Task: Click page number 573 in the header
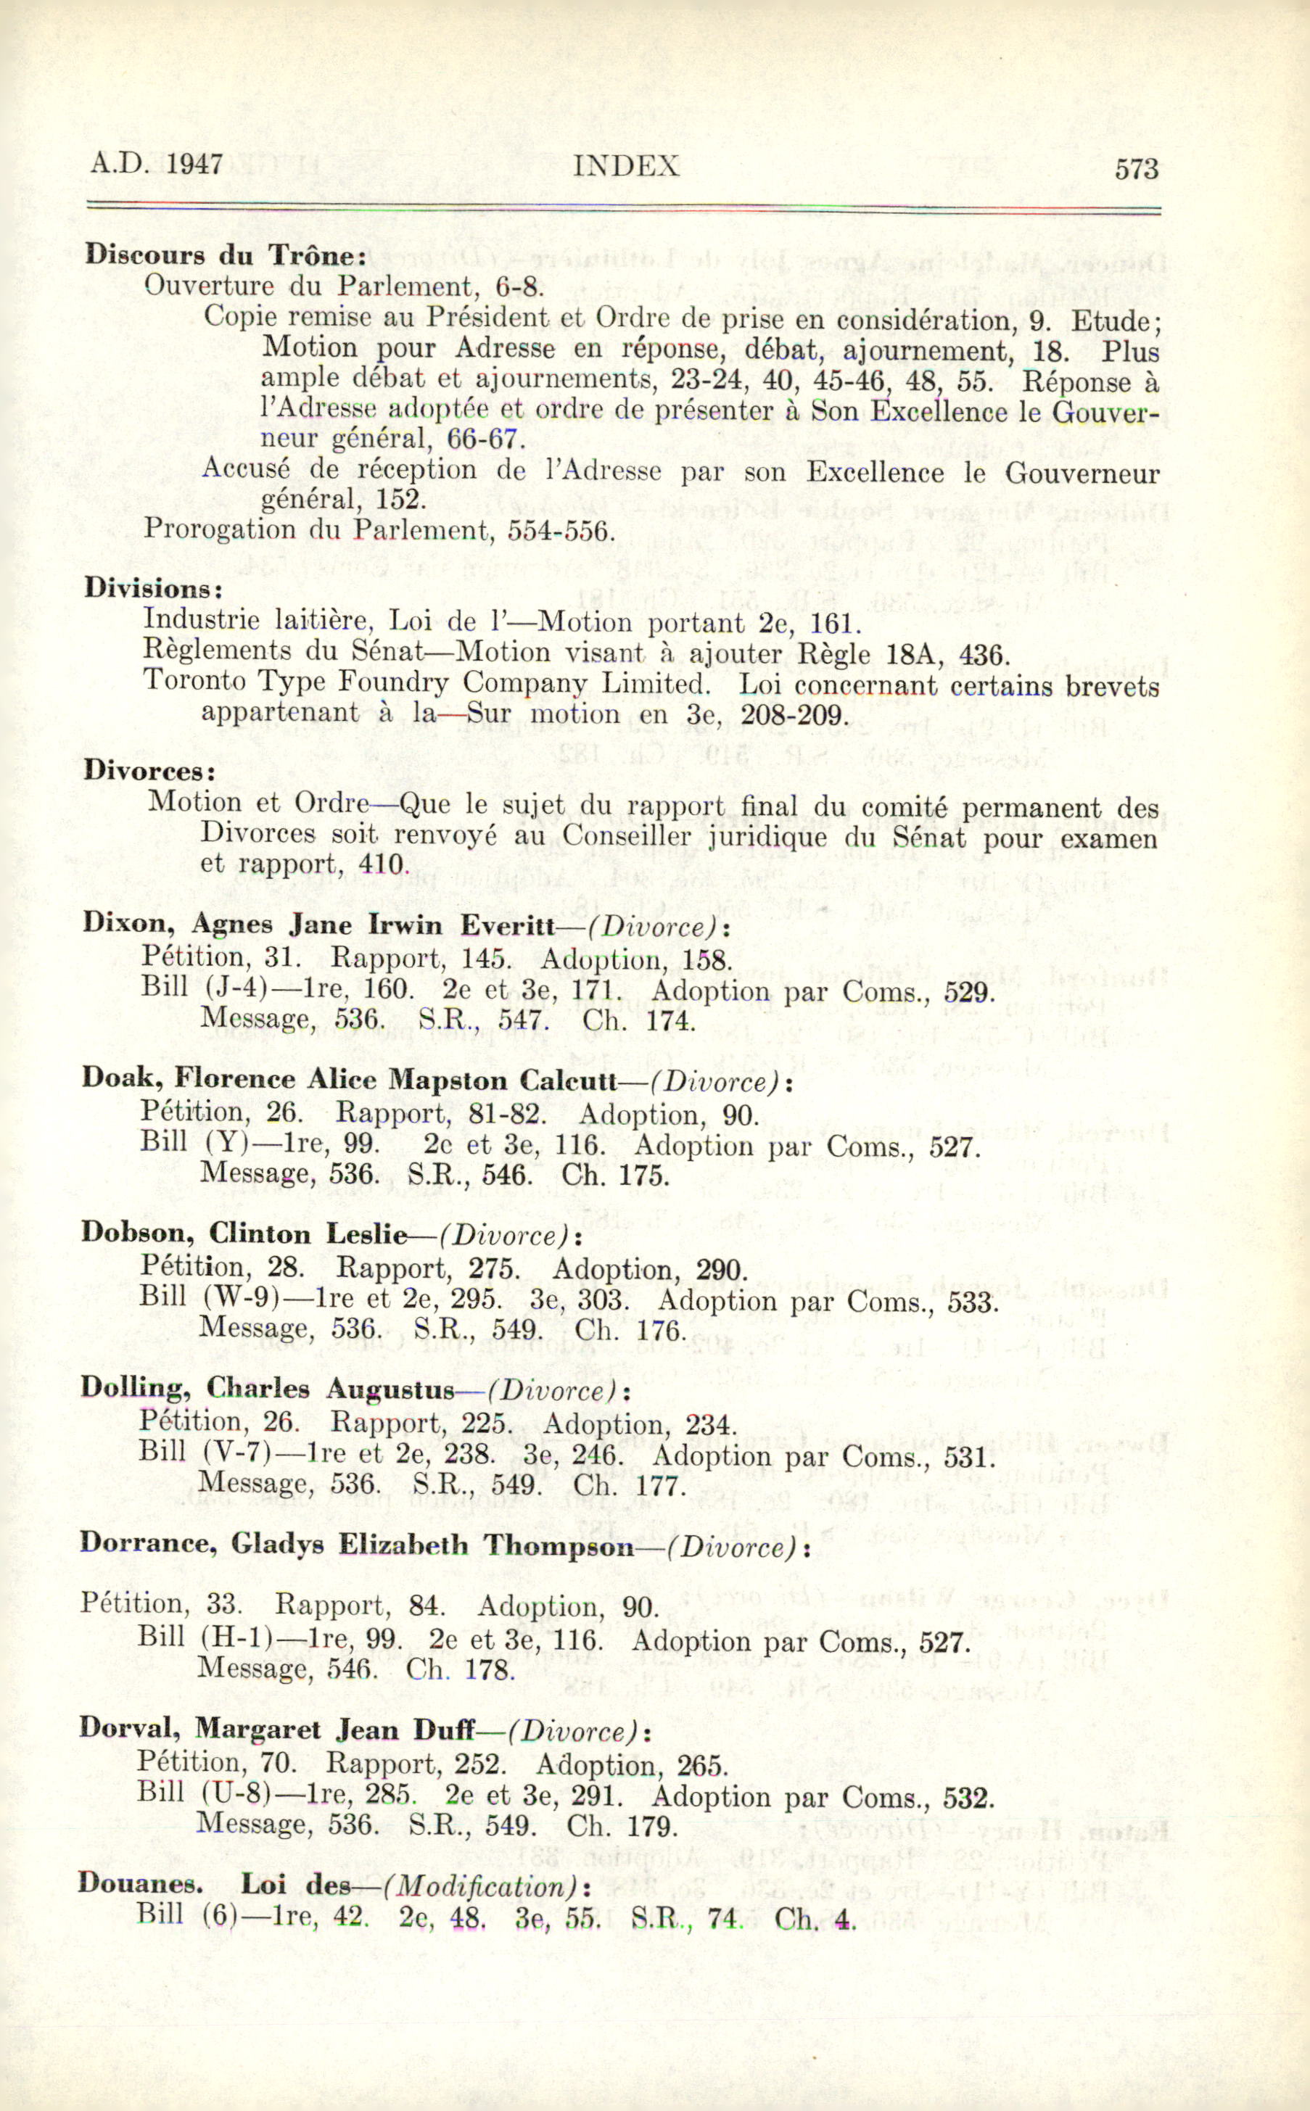pyautogui.click(x=1136, y=168)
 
